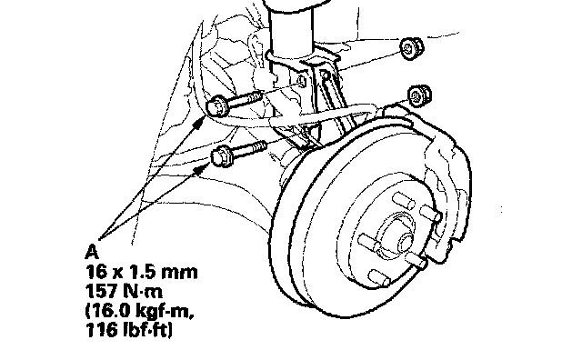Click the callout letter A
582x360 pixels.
(92, 252)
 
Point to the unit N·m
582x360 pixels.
(144, 291)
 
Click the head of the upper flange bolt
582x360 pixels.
(216, 105)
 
